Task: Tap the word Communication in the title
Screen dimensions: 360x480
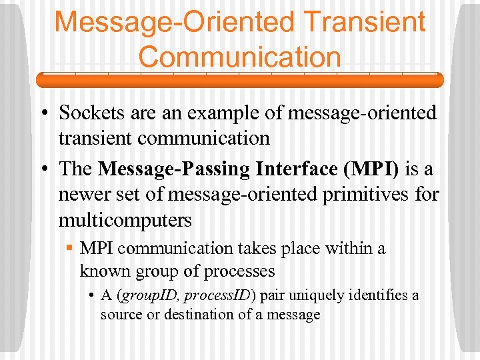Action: point(239,57)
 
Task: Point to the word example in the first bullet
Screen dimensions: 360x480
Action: point(225,113)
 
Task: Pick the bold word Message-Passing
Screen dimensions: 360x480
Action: point(174,169)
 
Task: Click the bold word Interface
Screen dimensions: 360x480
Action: point(297,169)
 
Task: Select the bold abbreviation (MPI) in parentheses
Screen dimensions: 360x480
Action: point(371,169)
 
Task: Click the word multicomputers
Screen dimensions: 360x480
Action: point(125,220)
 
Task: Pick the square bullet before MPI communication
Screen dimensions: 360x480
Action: point(70,249)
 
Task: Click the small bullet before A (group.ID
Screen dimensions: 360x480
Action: point(91,295)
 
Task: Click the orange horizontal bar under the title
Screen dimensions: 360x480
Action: point(239,80)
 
